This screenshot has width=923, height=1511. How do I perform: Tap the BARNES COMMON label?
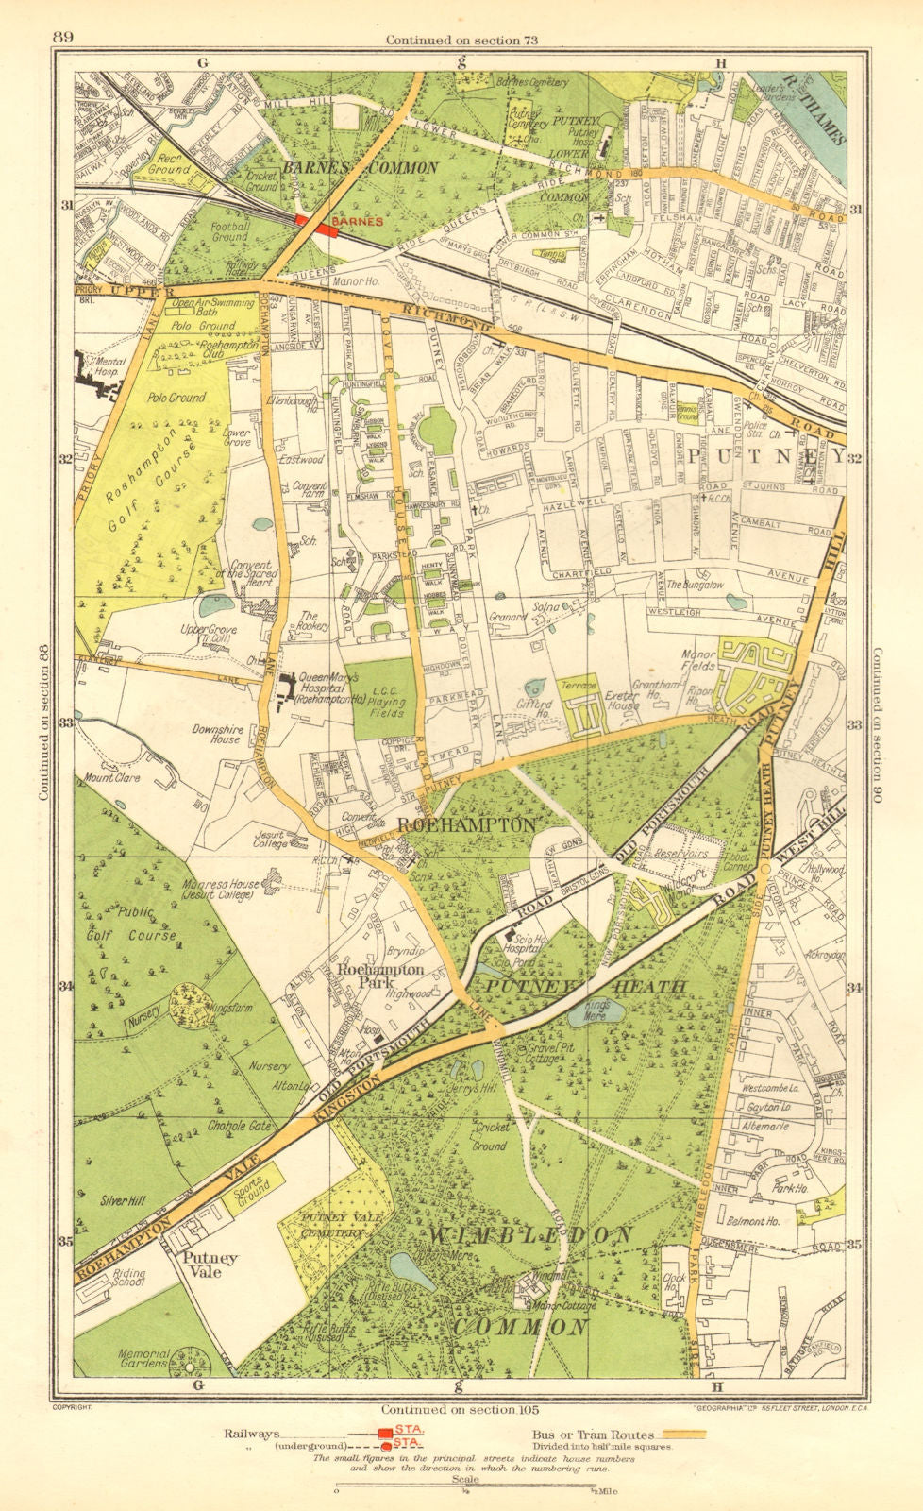[x=361, y=167]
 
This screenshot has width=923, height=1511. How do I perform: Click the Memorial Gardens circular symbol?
[x=190, y=1365]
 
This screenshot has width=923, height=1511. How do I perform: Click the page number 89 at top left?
[x=64, y=37]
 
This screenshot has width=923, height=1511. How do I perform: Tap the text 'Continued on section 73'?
[x=461, y=39]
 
